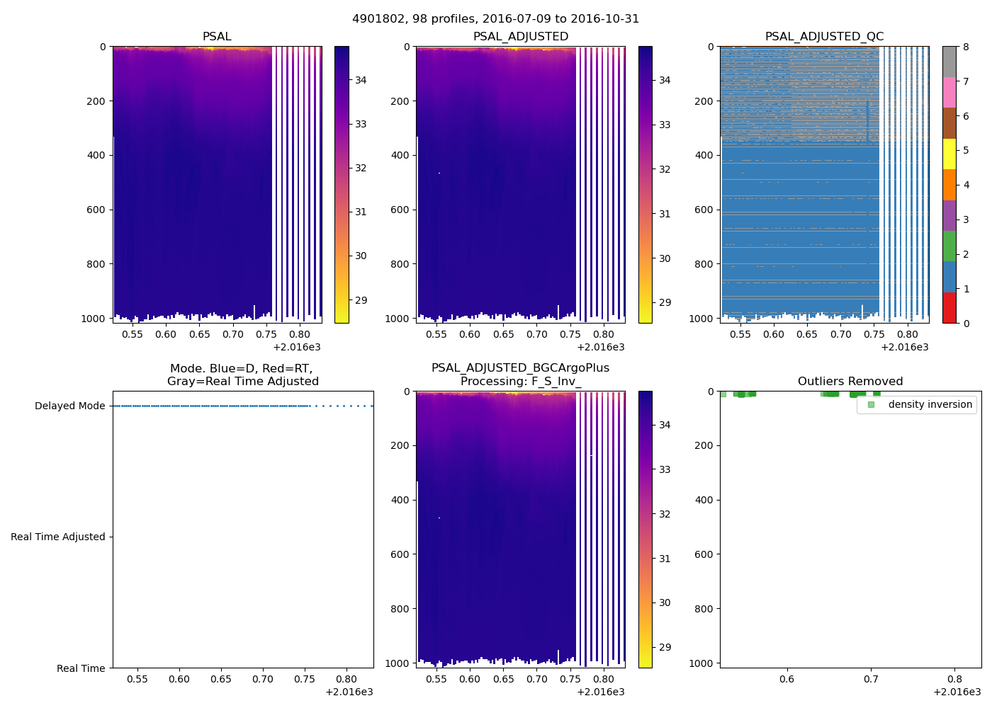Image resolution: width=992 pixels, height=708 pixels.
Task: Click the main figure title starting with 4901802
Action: pos(495,19)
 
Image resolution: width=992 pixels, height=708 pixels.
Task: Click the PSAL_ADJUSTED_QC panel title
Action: pos(824,37)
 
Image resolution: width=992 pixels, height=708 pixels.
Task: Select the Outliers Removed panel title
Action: pos(850,382)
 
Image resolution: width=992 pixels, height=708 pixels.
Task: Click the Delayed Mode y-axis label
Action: pos(69,406)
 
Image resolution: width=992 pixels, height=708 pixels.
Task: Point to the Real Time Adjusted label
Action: pos(57,537)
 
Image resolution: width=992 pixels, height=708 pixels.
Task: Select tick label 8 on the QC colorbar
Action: pos(966,47)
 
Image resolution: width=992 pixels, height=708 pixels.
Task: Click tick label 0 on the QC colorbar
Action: pos(966,323)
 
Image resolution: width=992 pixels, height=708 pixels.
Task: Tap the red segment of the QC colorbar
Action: pos(949,308)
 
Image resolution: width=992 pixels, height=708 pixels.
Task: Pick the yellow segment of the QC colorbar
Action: pos(949,154)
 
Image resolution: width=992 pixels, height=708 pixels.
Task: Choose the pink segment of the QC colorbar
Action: pos(949,93)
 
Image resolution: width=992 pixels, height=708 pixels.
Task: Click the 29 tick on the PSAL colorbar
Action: pos(361,300)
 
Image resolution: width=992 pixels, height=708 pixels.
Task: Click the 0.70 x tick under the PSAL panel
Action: pos(232,334)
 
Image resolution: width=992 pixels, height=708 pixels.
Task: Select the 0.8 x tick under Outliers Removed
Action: pos(954,679)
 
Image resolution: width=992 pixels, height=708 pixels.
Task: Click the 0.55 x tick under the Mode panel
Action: pos(137,679)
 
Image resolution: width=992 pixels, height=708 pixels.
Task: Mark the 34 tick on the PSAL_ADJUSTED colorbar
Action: pos(665,80)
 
